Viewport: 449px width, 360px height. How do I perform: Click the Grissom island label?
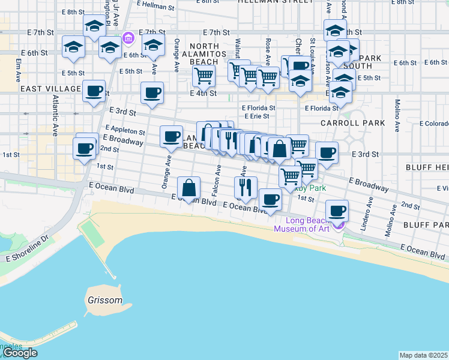click(104, 300)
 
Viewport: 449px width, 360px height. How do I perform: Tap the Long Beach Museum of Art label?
click(302, 224)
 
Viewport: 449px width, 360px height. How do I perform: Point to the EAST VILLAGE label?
click(50, 89)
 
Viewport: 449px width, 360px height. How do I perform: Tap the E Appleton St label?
click(124, 130)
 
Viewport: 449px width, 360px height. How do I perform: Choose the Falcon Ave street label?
click(217, 176)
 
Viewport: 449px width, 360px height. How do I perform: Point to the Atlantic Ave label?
click(56, 116)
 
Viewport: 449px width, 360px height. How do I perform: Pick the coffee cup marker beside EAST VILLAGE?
click(94, 91)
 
